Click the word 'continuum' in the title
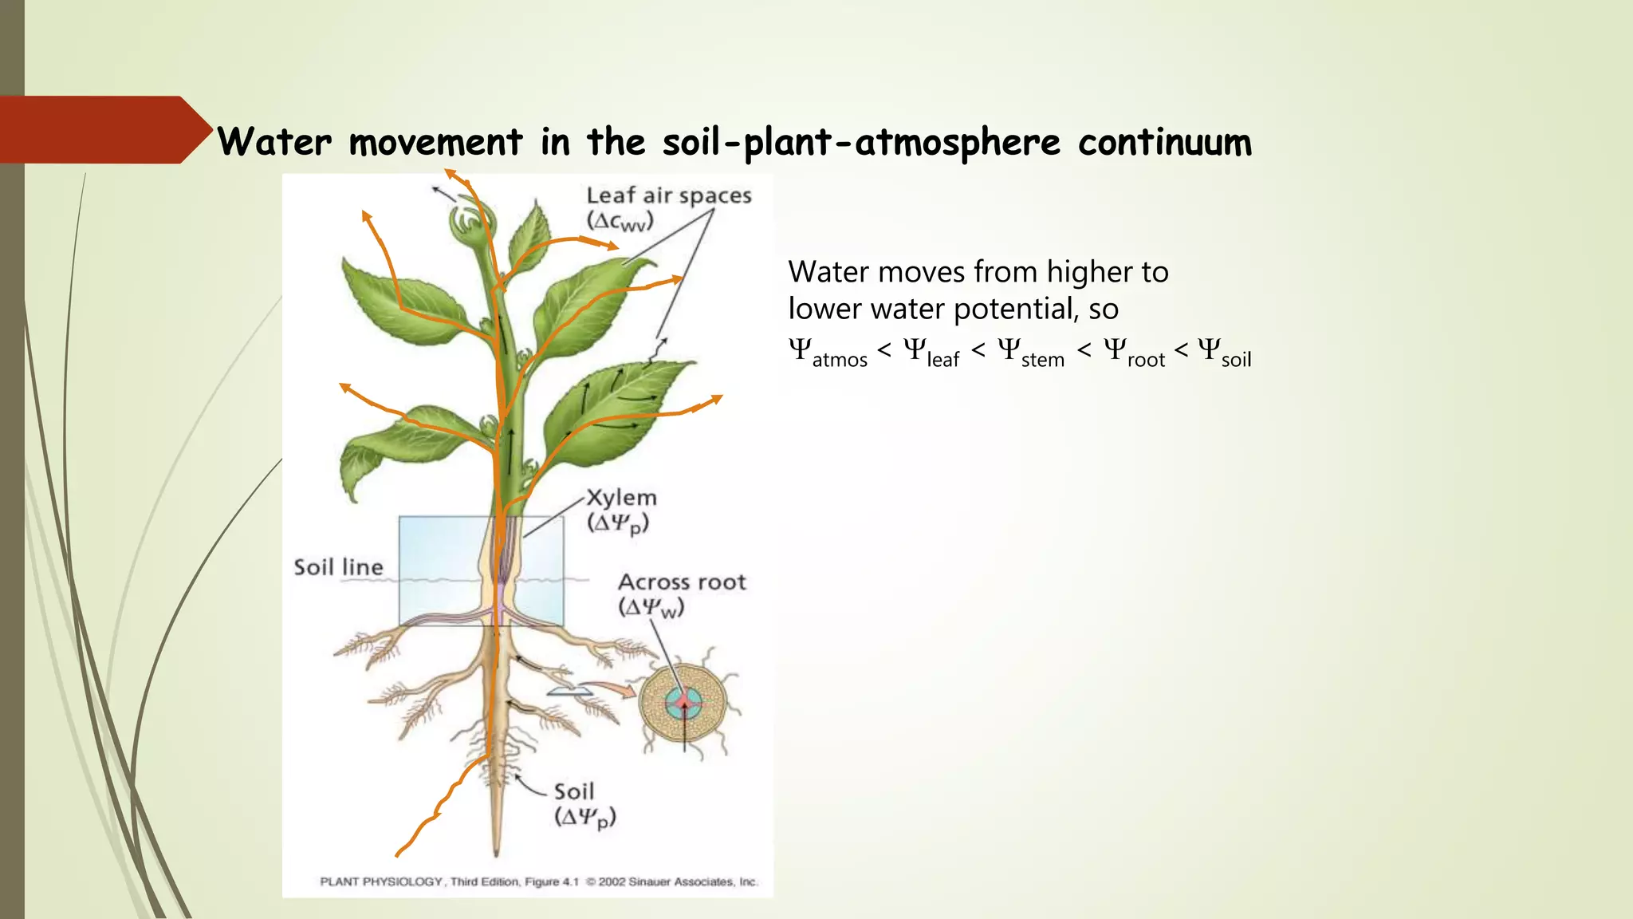click(x=1164, y=143)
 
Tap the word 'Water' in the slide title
click(x=274, y=143)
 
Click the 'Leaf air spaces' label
click(x=668, y=195)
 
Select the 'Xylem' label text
click(x=622, y=498)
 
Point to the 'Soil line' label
click(x=338, y=567)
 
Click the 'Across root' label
click(x=682, y=582)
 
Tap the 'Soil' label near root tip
click(x=574, y=791)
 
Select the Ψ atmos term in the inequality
click(x=827, y=352)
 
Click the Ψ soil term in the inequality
click(x=1224, y=352)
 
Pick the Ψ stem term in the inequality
click(x=1030, y=352)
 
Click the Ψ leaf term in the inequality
click(x=931, y=352)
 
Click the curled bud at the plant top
click(x=472, y=220)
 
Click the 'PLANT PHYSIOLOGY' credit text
click(x=381, y=882)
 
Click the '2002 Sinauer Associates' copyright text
click(x=676, y=882)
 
